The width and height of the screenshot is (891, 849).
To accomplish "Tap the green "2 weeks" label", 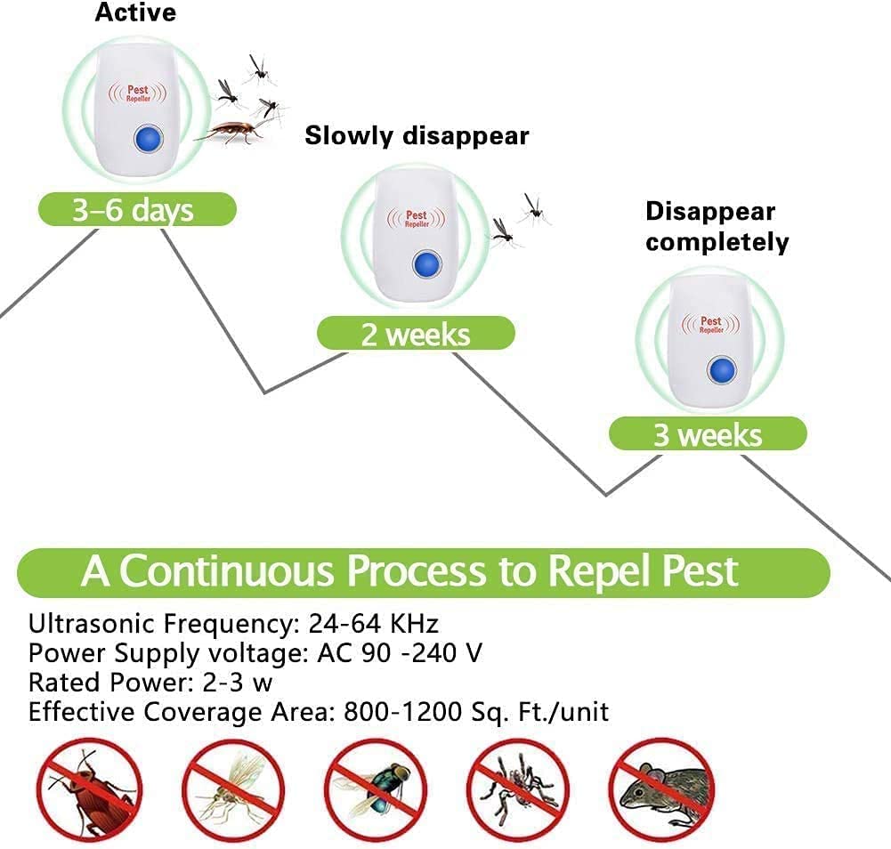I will point(416,334).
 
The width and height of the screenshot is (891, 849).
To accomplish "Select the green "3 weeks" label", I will point(708,434).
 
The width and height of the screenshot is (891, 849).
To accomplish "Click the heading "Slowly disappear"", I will point(417,135).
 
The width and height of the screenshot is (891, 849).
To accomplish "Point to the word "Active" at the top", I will point(135,12).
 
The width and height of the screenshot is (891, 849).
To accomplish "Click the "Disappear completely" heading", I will point(717,227).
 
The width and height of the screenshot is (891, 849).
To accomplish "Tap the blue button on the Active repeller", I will point(146,139).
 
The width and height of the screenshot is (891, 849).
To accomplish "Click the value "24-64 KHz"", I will point(373,623).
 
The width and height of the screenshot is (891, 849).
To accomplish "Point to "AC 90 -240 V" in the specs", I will point(400,653).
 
